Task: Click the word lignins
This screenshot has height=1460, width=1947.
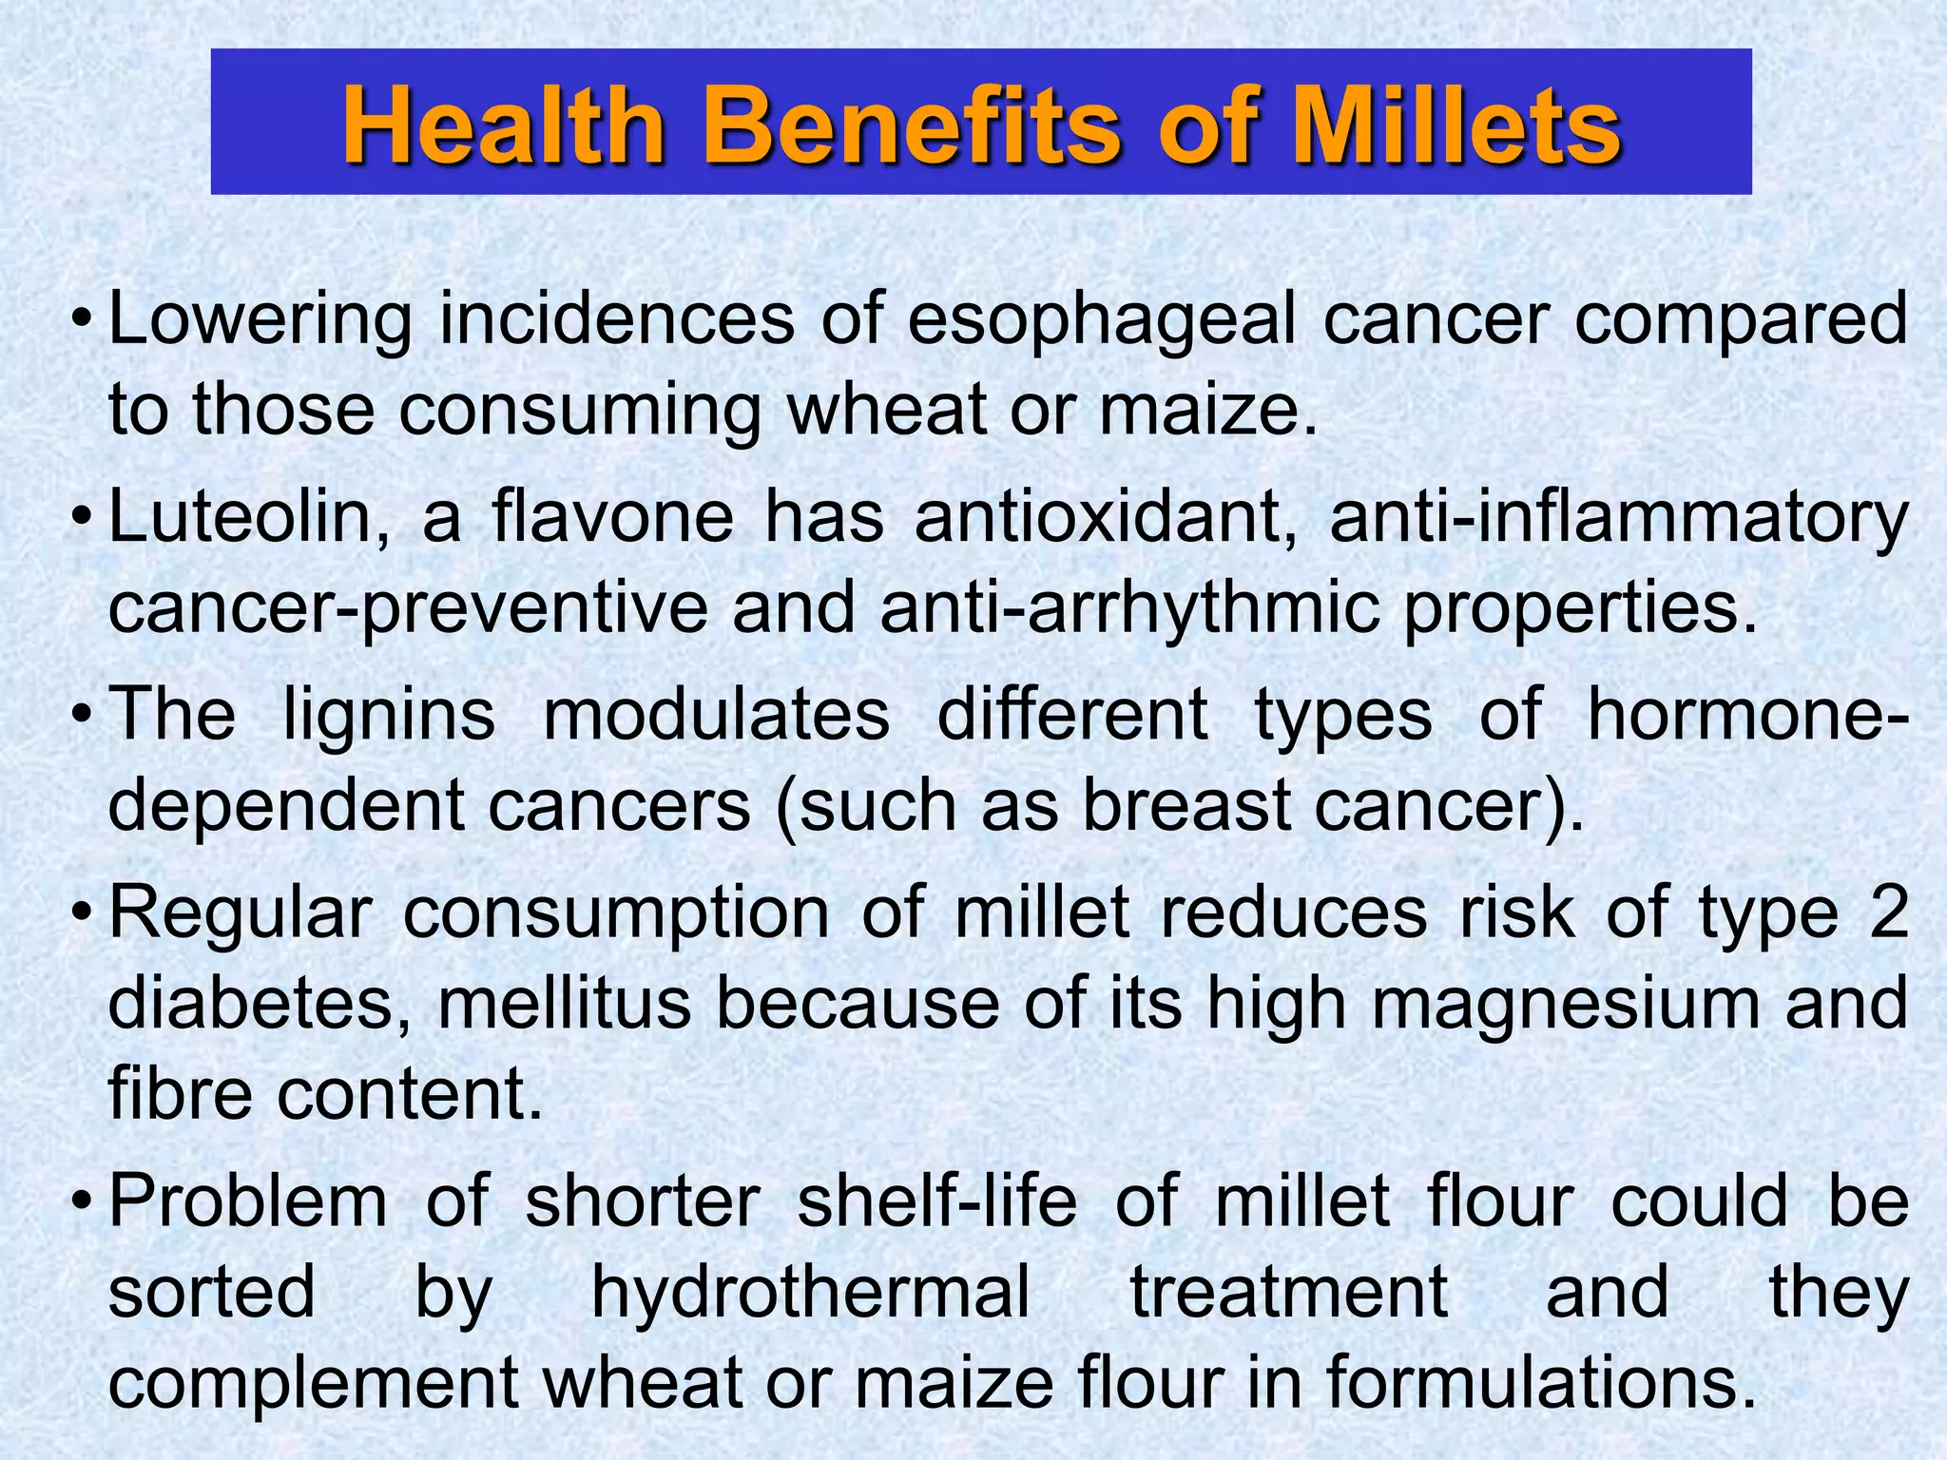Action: coord(390,715)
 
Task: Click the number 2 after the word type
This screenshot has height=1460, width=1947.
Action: coord(1888,912)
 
